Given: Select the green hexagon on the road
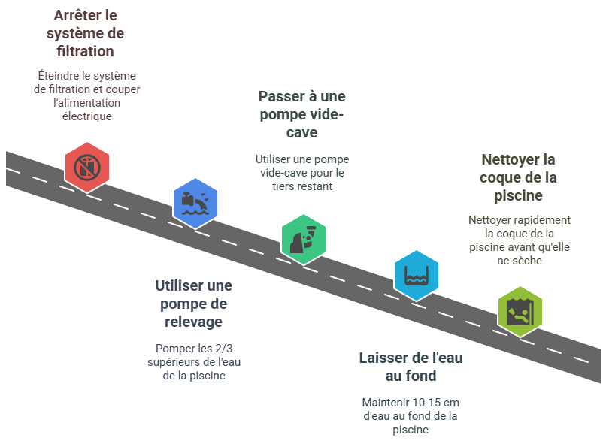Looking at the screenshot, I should (x=304, y=239).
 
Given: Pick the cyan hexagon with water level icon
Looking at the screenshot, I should (x=417, y=276).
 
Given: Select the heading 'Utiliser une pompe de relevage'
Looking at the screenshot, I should (x=193, y=304).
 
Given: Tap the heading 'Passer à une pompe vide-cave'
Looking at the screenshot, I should (x=301, y=114).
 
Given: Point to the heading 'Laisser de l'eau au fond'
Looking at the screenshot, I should (x=411, y=366).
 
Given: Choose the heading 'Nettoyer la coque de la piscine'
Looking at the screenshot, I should (x=518, y=177).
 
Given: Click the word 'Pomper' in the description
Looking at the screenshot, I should (x=175, y=349).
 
